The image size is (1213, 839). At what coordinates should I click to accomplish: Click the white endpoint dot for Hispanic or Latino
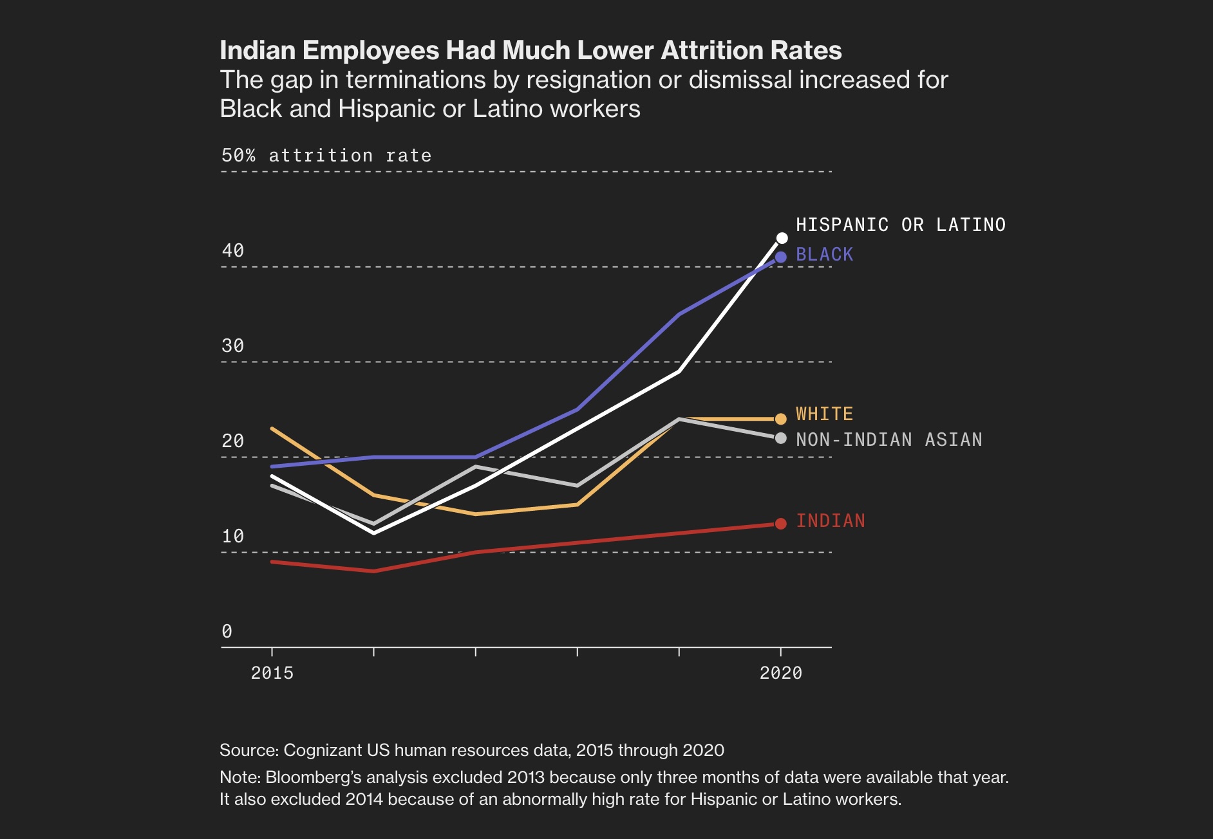pyautogui.click(x=782, y=239)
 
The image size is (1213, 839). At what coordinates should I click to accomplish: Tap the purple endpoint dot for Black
pyautogui.click(x=781, y=257)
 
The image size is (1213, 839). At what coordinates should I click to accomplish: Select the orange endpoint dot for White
pyautogui.click(x=781, y=419)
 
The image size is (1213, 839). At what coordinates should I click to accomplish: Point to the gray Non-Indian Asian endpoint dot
pyautogui.click(x=781, y=438)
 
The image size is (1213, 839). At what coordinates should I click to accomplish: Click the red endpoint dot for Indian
pyautogui.click(x=781, y=524)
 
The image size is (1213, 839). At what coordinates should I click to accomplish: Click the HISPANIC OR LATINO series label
pyautogui.click(x=900, y=225)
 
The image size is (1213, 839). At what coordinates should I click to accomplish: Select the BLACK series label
pyautogui.click(x=824, y=255)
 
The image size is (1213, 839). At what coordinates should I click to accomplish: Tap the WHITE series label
pyautogui.click(x=824, y=414)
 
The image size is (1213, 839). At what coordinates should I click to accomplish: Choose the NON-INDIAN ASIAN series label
pyautogui.click(x=889, y=439)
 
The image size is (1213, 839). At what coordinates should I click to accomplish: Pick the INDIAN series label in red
pyautogui.click(x=831, y=521)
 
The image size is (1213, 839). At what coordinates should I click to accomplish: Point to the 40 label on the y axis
pyautogui.click(x=233, y=250)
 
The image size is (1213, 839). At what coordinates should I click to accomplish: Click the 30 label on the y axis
pyautogui.click(x=233, y=346)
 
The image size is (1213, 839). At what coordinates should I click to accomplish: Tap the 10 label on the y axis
pyautogui.click(x=233, y=536)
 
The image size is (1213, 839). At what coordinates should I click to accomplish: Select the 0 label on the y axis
pyautogui.click(x=227, y=631)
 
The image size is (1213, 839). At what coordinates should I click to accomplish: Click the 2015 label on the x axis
pyautogui.click(x=272, y=673)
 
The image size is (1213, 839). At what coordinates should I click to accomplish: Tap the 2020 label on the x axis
pyautogui.click(x=781, y=673)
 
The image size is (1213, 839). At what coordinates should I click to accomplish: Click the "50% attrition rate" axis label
pyautogui.click(x=326, y=156)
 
